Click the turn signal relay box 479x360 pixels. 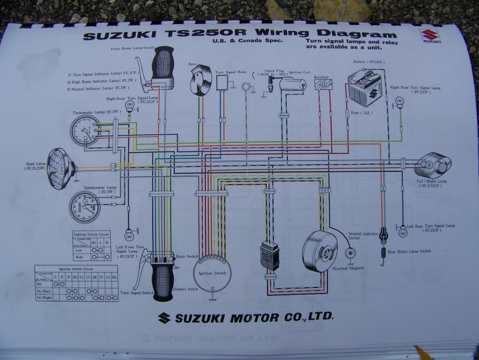pyautogui.click(x=225, y=82)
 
